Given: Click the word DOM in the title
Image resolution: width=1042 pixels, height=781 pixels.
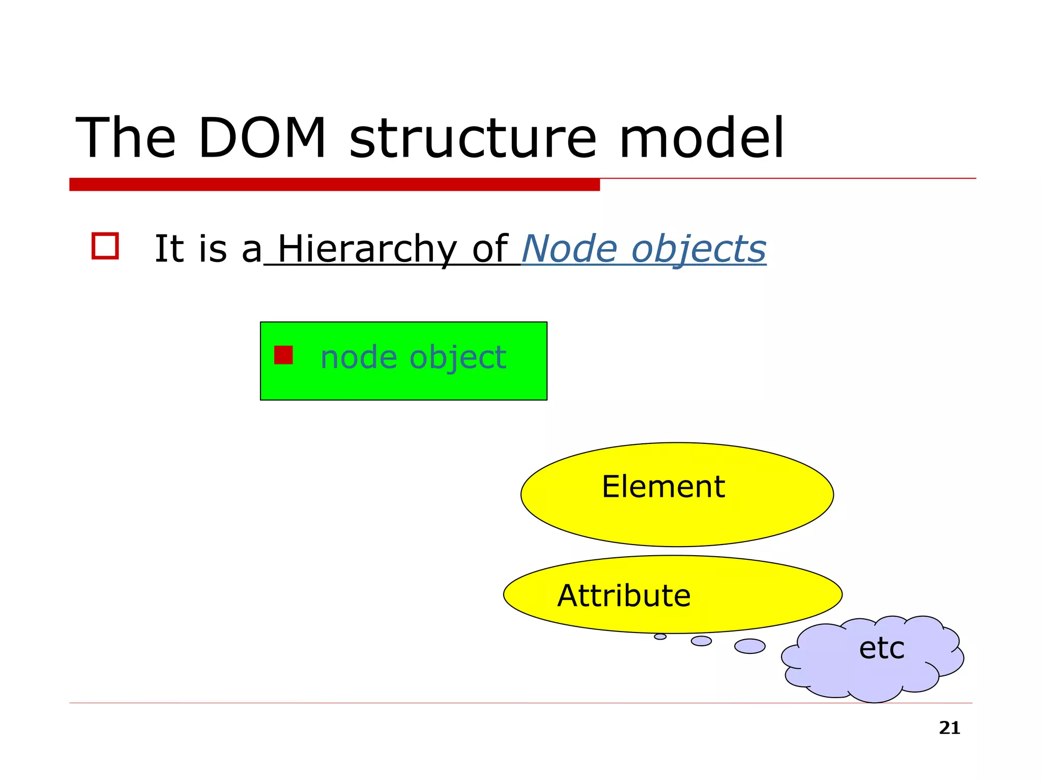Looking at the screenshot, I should point(262,138).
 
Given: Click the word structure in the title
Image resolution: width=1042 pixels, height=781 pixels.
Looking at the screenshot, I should point(472,138).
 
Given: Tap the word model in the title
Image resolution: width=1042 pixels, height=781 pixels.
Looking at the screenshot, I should point(701,138).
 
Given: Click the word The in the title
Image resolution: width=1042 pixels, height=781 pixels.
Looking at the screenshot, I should point(126,138).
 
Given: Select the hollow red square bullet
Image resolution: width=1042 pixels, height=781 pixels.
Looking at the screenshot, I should point(105,246).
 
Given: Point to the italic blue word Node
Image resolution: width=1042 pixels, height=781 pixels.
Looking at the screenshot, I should point(569,249).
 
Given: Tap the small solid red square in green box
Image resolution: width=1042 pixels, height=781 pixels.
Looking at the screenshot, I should point(283,355).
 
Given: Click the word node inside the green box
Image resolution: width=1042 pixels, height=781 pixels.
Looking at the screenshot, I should point(359,357).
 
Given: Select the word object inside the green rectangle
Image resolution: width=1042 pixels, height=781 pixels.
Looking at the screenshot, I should point(457,358).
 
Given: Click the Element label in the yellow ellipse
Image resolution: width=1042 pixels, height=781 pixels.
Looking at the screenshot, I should point(663,487).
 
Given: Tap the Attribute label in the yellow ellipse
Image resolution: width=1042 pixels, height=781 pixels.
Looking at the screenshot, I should point(624,595).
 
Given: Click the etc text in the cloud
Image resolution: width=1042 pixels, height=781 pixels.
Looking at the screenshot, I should point(881,648).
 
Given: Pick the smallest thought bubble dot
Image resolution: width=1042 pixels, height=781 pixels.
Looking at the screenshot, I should point(660,637).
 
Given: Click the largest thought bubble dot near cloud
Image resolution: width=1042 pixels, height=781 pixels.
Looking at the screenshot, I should point(749,646).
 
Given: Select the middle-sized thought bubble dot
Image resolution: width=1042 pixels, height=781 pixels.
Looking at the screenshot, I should point(701,641).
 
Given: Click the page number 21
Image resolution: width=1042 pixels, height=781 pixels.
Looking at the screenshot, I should point(949,728).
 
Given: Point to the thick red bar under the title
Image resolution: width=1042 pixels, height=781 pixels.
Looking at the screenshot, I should point(334,184).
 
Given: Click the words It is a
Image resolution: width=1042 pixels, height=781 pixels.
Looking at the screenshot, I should point(208,249).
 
